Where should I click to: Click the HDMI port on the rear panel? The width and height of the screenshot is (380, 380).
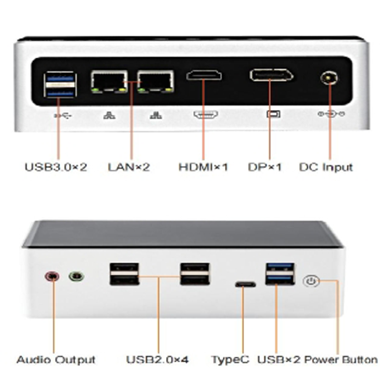click(x=204, y=75)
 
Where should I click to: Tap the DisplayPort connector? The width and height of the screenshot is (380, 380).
click(x=271, y=75)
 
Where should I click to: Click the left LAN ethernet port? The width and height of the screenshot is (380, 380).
click(x=109, y=81)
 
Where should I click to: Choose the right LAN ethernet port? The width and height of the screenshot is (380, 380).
click(x=155, y=81)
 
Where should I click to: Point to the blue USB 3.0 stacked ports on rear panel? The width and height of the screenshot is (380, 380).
click(x=60, y=84)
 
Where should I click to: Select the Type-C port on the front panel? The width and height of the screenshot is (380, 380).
click(x=245, y=285)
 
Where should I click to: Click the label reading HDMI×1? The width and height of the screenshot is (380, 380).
click(x=203, y=167)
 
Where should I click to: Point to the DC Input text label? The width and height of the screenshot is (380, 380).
click(x=326, y=167)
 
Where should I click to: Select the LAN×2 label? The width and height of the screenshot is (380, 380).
click(x=129, y=167)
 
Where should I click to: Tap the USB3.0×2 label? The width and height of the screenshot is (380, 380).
click(x=56, y=167)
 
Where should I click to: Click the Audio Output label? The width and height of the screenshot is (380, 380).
click(x=56, y=360)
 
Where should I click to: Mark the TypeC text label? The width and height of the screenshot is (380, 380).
click(x=230, y=360)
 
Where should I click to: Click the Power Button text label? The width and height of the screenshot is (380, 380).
click(x=341, y=360)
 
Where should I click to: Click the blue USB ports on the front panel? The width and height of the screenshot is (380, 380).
click(x=280, y=274)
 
